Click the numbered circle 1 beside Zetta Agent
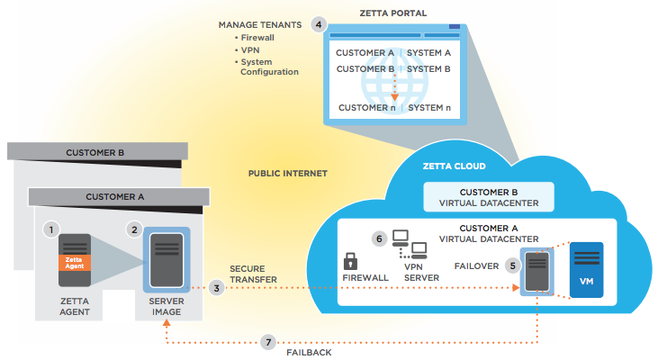(x=51, y=229)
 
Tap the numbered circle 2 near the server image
(x=134, y=229)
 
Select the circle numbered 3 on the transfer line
(x=217, y=288)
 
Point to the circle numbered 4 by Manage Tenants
(x=319, y=24)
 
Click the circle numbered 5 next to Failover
(x=513, y=266)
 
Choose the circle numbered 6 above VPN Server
(x=380, y=238)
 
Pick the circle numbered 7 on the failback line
(x=268, y=342)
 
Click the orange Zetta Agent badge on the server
(x=75, y=263)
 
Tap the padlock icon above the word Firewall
(x=350, y=261)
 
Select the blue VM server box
(x=586, y=270)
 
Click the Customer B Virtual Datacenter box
(x=489, y=197)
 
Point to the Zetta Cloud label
(x=454, y=166)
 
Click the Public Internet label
(x=288, y=174)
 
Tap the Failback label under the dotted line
(x=309, y=352)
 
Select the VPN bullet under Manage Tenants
(x=248, y=49)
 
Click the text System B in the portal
(x=428, y=69)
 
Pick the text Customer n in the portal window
(x=366, y=108)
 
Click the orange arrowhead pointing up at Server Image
(x=167, y=323)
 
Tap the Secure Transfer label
(x=253, y=274)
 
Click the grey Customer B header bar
(x=97, y=151)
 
